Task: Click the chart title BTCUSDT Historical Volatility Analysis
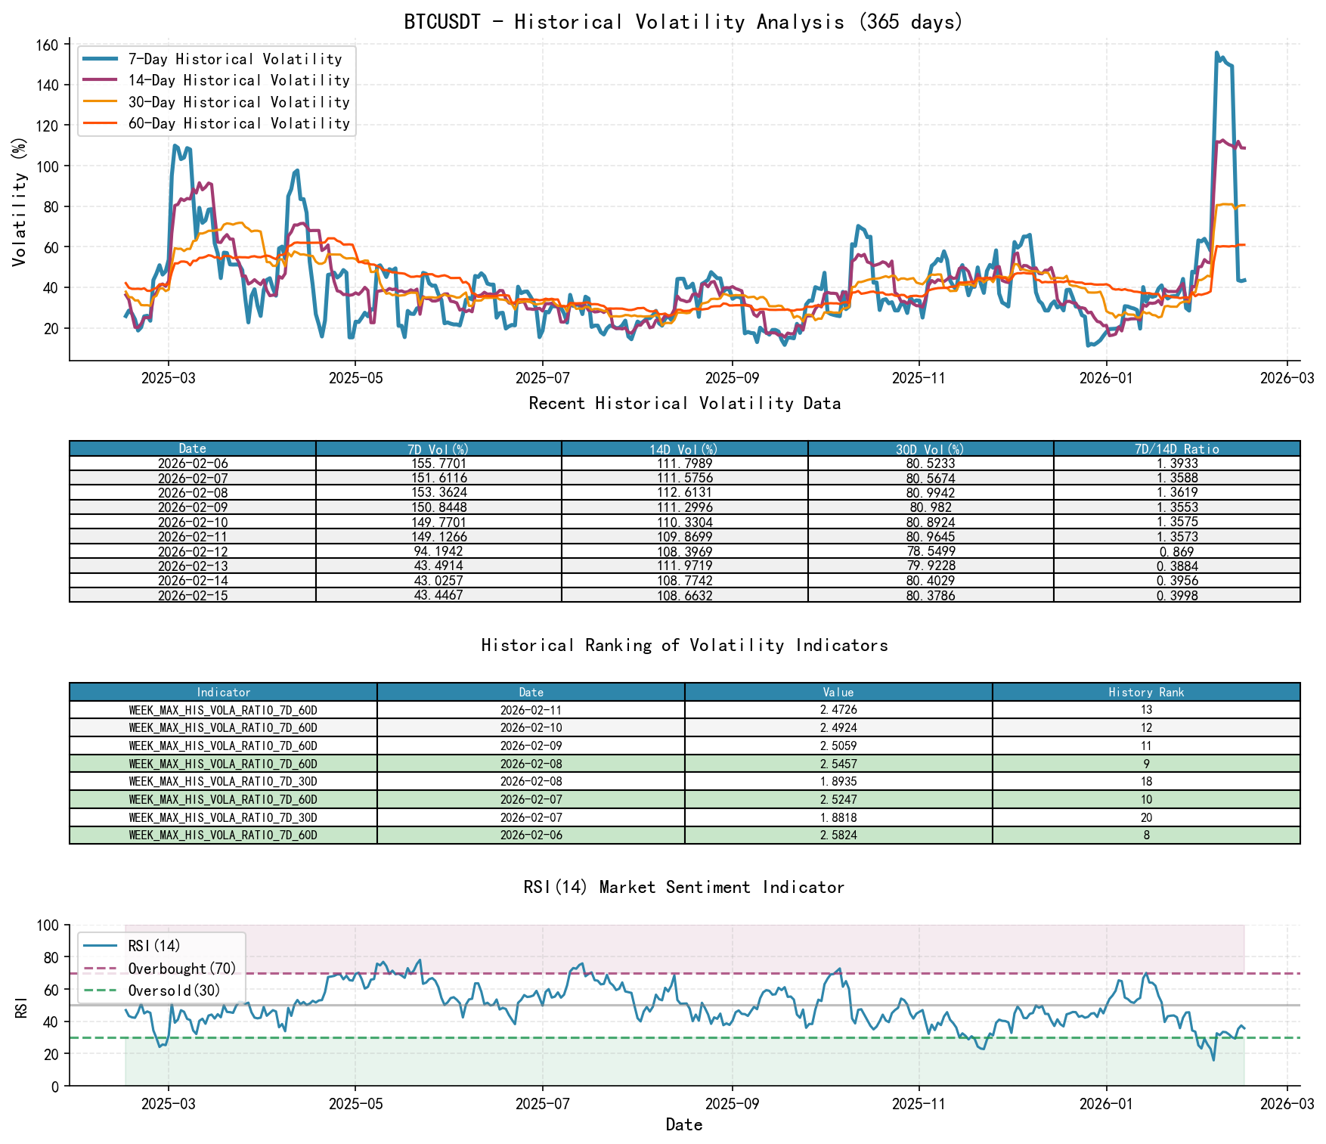click(683, 22)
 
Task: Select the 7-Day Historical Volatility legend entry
click(234, 59)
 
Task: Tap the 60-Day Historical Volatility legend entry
click(238, 123)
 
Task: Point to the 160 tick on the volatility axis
click(47, 45)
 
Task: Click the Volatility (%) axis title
click(20, 201)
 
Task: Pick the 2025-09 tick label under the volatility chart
click(732, 377)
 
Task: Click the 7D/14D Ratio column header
click(1176, 449)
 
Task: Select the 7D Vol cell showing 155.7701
click(438, 463)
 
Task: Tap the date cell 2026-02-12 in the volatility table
click(193, 551)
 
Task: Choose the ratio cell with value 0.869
click(1176, 551)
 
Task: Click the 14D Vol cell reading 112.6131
click(684, 493)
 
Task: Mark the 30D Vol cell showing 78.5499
click(931, 551)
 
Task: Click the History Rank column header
click(1146, 692)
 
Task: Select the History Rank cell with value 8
click(1146, 836)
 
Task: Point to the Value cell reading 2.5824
click(838, 836)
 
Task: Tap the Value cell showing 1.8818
click(838, 817)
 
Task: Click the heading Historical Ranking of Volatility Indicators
click(684, 645)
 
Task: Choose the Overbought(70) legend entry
click(181, 969)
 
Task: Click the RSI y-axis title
click(22, 1006)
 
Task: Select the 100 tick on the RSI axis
click(47, 925)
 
